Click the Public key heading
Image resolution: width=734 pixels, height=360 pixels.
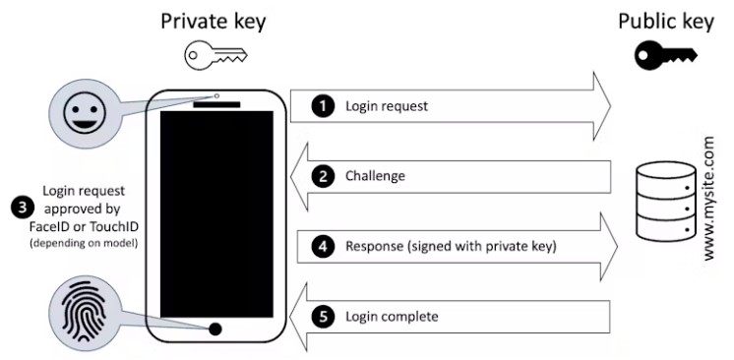pos(665,21)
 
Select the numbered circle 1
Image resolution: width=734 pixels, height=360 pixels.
pos(322,105)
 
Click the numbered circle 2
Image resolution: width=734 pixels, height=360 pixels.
pos(322,177)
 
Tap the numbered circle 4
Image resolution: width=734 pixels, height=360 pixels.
pos(322,247)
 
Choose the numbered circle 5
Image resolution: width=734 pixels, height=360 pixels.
pos(322,317)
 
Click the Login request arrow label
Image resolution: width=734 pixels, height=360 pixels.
pos(387,105)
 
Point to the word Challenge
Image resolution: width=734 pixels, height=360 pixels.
pos(376,177)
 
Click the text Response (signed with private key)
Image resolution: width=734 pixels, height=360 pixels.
pos(451,247)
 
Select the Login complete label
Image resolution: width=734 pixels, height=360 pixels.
pos(392,317)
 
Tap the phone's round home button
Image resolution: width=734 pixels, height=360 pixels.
pos(215,329)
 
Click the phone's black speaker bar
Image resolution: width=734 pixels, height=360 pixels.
pos(215,104)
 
